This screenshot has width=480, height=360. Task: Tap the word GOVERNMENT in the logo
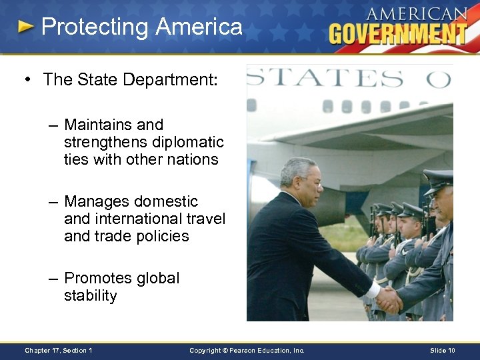(398, 33)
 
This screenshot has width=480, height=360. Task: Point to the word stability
(90, 295)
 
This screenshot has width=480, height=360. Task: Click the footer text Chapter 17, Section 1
(59, 350)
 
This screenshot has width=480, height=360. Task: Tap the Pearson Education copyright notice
(247, 350)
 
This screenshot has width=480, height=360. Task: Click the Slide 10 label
(443, 350)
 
